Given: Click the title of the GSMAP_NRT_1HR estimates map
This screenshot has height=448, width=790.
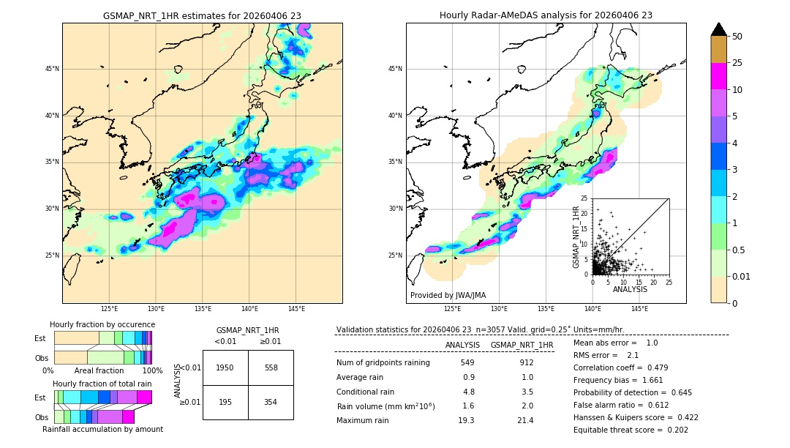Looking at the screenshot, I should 202,15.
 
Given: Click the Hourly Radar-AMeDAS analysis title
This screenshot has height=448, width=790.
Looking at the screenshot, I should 546,15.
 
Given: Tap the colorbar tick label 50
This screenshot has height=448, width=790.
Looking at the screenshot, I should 737,36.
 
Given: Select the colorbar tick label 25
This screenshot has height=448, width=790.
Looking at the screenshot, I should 737,63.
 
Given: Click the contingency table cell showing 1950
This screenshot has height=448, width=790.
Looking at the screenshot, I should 225,367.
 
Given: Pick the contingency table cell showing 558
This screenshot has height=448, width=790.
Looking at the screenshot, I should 271,367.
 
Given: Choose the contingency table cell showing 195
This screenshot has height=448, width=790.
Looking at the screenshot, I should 225,402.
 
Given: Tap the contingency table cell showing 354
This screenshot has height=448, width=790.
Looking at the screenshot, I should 271,402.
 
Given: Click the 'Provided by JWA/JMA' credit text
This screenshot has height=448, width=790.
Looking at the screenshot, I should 448,295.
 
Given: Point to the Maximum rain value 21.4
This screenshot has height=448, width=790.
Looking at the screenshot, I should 527,420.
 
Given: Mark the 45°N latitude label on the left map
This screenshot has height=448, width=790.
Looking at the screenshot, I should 52,69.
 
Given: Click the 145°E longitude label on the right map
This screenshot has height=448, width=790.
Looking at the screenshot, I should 639,309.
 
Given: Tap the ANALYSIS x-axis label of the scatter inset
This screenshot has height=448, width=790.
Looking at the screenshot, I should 630,289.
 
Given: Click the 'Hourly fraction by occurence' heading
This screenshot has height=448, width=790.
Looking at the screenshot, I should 102,324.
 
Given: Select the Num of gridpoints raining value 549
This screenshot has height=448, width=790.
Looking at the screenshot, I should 467,362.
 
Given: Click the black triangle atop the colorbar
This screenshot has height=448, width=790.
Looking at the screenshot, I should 719,29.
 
